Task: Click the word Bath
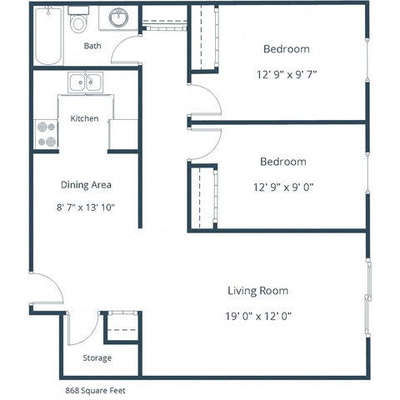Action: (92, 47)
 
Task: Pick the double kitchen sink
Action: (83, 82)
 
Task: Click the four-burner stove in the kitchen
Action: (44, 134)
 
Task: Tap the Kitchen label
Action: (84, 118)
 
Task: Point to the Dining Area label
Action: (87, 184)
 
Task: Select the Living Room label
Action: (257, 291)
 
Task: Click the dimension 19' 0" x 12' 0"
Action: (257, 316)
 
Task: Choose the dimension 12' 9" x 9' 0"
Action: (283, 187)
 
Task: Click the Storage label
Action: (97, 357)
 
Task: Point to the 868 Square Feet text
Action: (97, 389)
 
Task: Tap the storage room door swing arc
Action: (80, 328)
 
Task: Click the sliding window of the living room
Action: (367, 295)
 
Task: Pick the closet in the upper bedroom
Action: (201, 40)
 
